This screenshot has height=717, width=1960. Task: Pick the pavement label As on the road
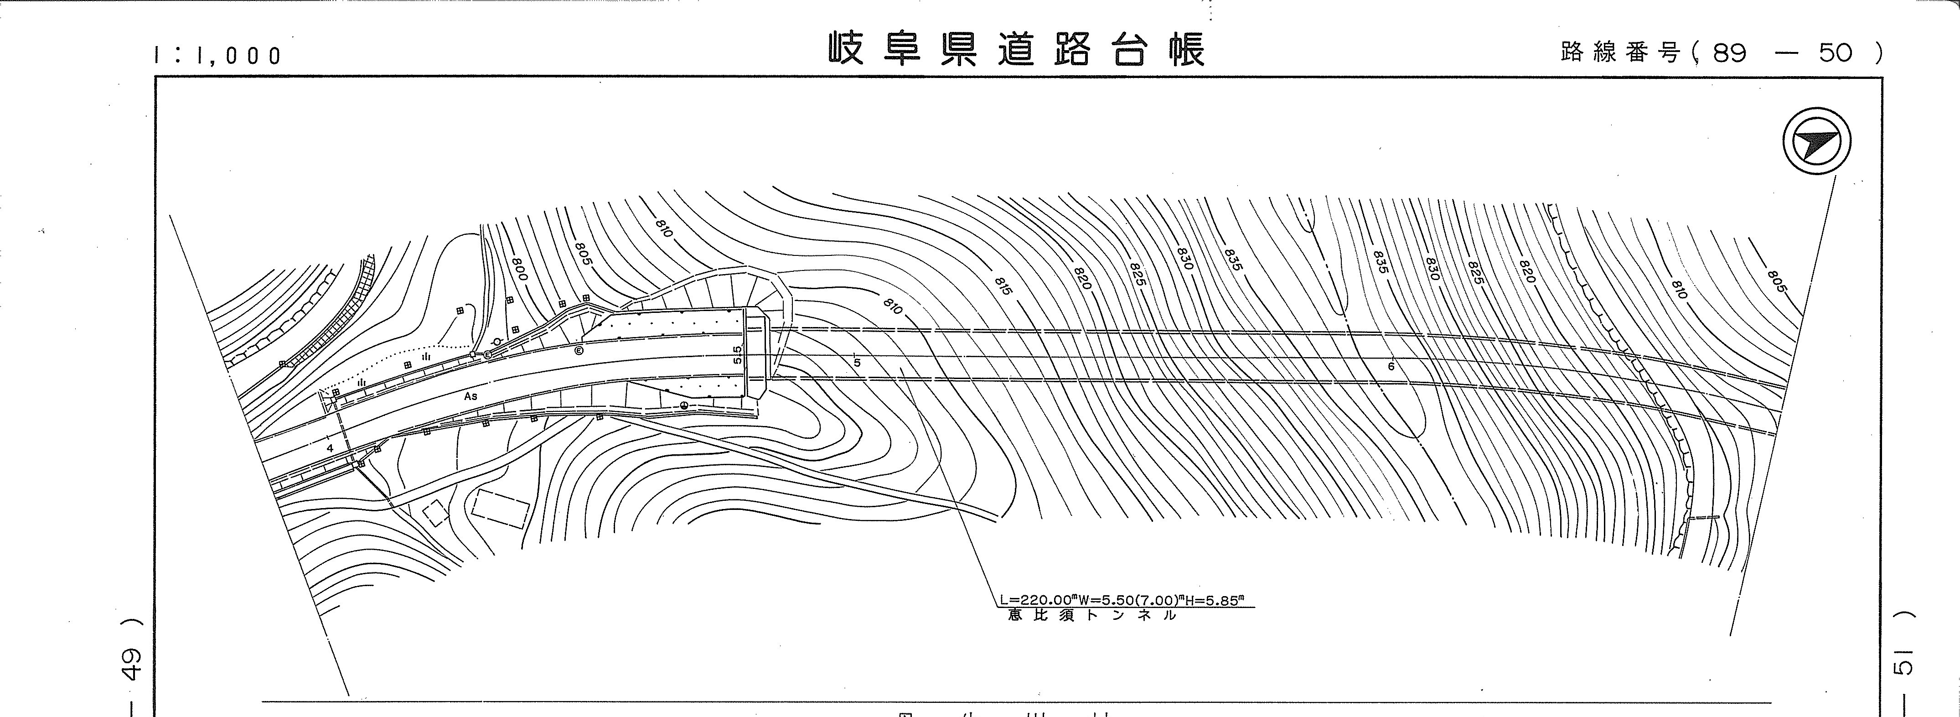471,396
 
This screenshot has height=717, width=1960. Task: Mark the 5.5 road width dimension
736,355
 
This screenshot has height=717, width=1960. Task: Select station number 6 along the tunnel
1391,366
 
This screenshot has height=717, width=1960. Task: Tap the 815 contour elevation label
1003,286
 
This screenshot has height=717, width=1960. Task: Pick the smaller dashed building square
436,513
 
